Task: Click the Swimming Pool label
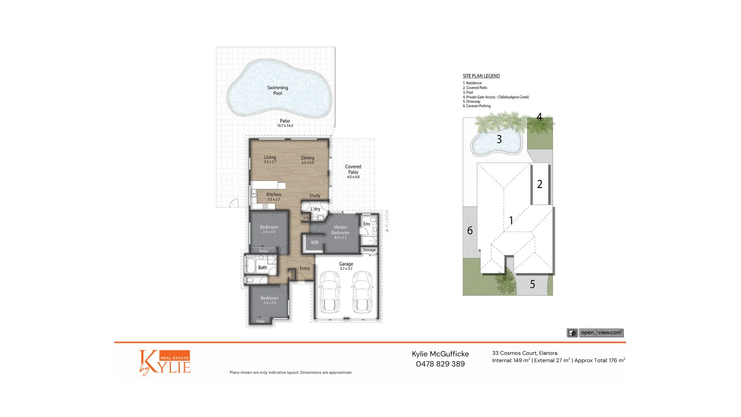[x=277, y=90]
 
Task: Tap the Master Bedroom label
[x=340, y=230]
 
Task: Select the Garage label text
[x=346, y=264]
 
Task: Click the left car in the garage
[x=329, y=292]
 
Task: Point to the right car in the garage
[x=363, y=292]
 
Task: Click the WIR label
[x=315, y=243]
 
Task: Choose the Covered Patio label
[x=353, y=170]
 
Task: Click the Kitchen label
[x=274, y=195]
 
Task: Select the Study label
[x=315, y=196]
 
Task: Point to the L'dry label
[x=315, y=209]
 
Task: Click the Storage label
[x=369, y=250]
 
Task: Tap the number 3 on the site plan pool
[x=499, y=139]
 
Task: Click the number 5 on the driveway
[x=532, y=285]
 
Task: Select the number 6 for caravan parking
[x=470, y=231]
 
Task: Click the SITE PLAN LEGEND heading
[x=481, y=76]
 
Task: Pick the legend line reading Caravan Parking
[x=477, y=106]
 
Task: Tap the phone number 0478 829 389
[x=440, y=364]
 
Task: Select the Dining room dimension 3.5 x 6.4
[x=308, y=163]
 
